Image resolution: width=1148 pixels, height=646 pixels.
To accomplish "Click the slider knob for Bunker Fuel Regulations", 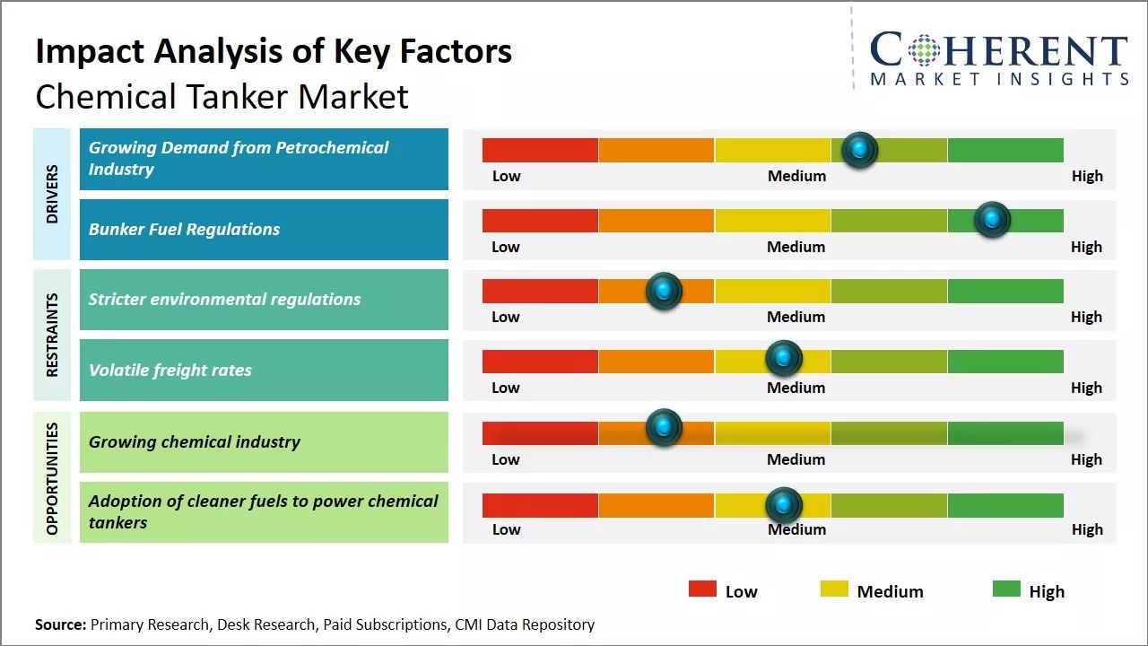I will (992, 219).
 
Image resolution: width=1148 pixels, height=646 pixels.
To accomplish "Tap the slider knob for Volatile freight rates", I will (784, 358).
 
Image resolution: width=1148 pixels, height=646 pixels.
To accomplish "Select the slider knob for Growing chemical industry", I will (664, 427).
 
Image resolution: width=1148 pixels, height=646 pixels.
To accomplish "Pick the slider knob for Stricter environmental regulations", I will (664, 290).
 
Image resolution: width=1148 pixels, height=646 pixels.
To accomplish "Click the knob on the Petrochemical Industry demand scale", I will (860, 149).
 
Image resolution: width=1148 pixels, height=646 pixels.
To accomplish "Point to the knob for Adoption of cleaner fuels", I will (784, 505).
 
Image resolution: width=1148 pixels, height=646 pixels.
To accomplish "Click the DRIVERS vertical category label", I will (52, 194).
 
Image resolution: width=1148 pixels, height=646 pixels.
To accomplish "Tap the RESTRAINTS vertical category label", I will (52, 335).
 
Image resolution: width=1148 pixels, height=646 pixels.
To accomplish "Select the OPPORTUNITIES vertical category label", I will (52, 478).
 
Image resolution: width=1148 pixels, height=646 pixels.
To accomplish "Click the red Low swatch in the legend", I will (702, 589).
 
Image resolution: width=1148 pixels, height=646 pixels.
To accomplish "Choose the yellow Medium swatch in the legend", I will (834, 589).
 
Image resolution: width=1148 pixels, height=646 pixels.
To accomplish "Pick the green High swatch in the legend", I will (1006, 589).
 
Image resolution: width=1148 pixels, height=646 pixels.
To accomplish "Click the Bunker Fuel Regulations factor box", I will (264, 230).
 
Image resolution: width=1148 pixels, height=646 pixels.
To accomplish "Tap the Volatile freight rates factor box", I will (264, 370).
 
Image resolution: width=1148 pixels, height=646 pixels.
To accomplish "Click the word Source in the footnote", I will (60, 624).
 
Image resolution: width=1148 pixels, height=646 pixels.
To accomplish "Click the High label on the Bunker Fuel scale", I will (1086, 247).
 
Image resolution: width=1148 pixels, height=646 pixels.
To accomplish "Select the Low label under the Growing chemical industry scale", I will (506, 459).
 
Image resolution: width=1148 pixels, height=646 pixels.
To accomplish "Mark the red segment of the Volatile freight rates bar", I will (540, 361).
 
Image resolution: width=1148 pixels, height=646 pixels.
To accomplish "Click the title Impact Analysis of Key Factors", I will (274, 52).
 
